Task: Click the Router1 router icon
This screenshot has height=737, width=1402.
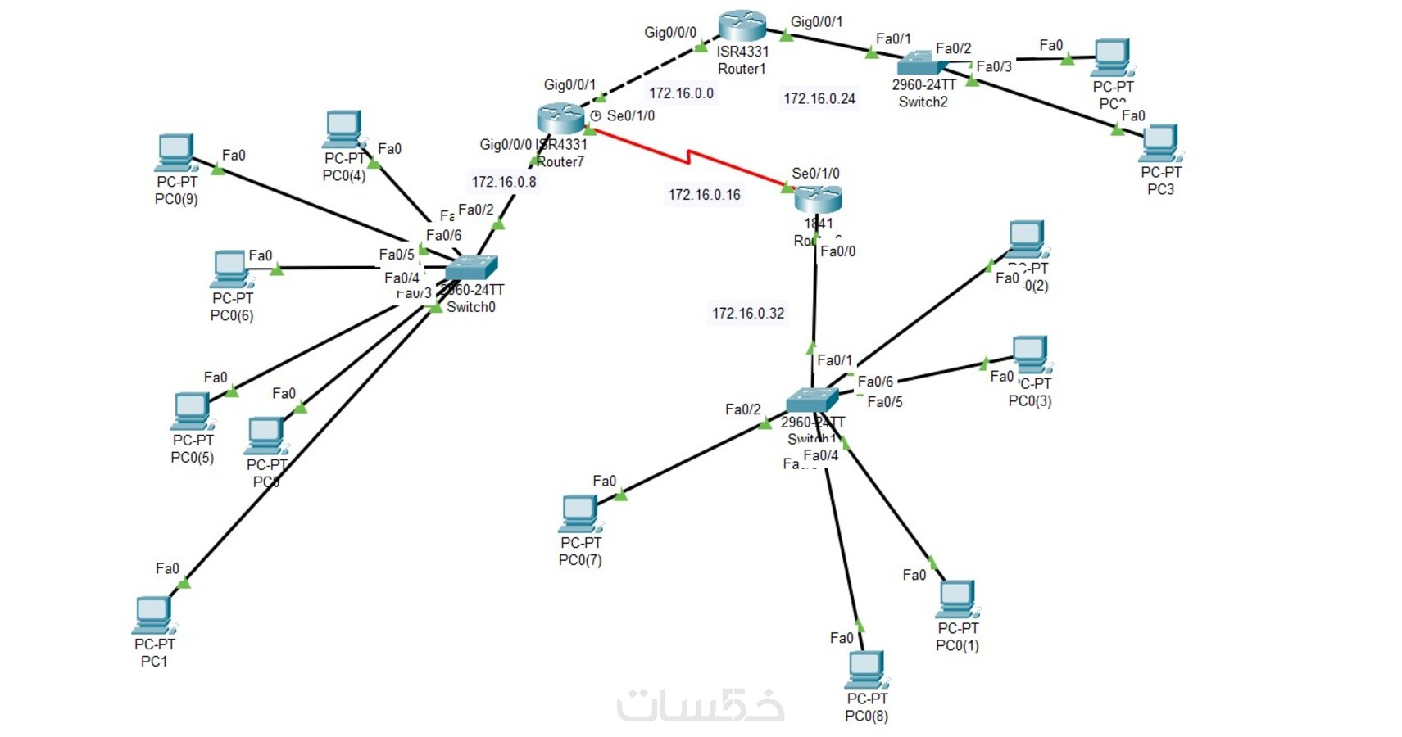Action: click(742, 26)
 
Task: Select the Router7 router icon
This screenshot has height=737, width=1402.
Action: click(561, 119)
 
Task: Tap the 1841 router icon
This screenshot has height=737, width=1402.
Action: click(818, 198)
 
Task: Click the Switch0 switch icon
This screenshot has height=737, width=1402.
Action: click(471, 268)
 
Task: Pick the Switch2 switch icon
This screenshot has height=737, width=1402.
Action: click(922, 63)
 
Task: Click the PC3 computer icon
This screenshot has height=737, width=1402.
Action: click(1160, 143)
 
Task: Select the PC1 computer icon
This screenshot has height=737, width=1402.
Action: click(153, 615)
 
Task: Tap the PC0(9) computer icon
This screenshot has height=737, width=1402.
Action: click(176, 153)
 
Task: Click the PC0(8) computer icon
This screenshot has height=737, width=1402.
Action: click(867, 670)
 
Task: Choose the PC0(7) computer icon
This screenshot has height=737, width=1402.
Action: click(580, 514)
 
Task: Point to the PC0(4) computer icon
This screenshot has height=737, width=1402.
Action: click(343, 130)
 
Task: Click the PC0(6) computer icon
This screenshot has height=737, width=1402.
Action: click(230, 269)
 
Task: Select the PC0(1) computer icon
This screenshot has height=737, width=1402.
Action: click(957, 599)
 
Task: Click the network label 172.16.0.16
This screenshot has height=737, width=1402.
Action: click(704, 195)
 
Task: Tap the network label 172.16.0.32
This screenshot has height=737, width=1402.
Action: click(748, 314)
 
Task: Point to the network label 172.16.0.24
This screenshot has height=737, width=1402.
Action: click(819, 99)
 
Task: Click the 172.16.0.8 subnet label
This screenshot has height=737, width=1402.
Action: click(504, 182)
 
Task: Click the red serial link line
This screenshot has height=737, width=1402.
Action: click(688, 157)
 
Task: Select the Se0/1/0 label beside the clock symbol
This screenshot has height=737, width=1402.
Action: click(630, 116)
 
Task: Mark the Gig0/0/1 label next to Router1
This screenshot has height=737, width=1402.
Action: click(816, 22)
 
